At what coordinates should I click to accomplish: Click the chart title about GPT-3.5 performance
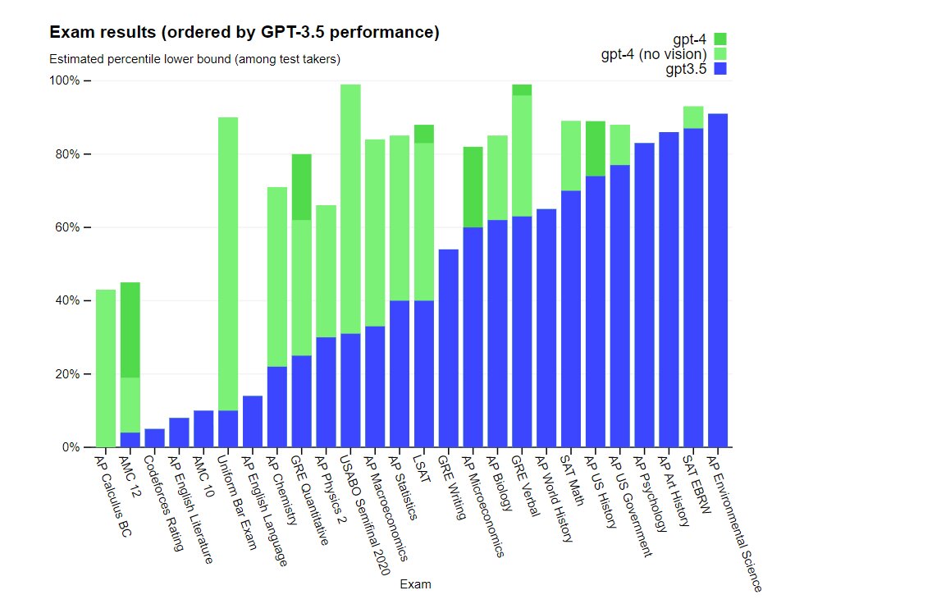pyautogui.click(x=244, y=33)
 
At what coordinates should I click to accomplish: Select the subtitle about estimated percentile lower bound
pyautogui.click(x=194, y=59)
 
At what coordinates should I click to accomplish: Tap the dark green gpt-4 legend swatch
pyautogui.click(x=720, y=39)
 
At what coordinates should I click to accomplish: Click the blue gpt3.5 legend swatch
pyautogui.click(x=720, y=69)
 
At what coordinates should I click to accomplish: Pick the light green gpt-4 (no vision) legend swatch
pyautogui.click(x=720, y=54)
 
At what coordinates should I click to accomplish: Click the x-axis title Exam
pyautogui.click(x=415, y=584)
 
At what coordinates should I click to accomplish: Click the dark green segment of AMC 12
pyautogui.click(x=130, y=329)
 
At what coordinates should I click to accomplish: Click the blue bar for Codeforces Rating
pyautogui.click(x=154, y=438)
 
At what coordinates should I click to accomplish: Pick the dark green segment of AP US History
pyautogui.click(x=595, y=149)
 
